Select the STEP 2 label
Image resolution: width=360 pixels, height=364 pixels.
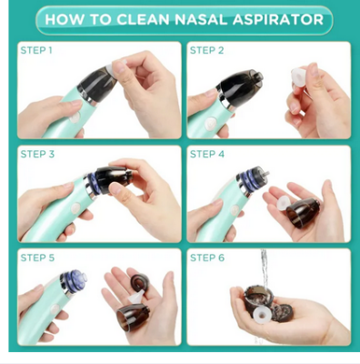point(208,51)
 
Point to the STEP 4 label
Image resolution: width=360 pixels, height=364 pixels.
point(208,154)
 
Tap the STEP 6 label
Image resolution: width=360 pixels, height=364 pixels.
point(208,258)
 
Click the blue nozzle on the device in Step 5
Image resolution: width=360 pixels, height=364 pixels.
point(75,279)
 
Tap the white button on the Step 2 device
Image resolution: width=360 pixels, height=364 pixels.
point(210,119)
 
